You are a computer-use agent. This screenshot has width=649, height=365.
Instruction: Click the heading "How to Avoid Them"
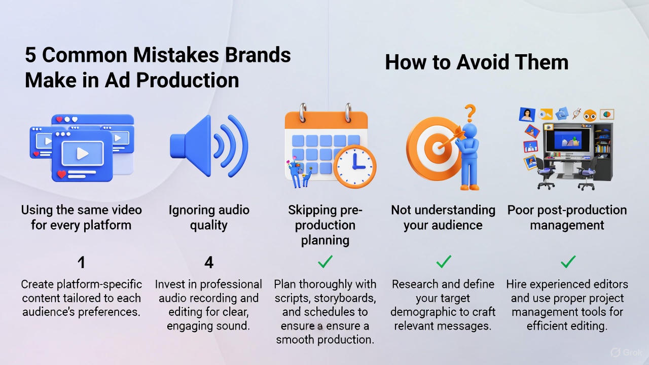tap(476, 62)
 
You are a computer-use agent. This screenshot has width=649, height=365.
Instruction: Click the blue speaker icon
tap(208, 145)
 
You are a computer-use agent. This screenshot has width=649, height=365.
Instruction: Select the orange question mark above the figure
tap(470, 112)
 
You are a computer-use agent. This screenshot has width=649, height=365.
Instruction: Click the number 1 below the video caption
tap(81, 262)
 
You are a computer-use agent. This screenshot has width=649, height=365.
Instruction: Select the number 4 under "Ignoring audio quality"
tap(208, 262)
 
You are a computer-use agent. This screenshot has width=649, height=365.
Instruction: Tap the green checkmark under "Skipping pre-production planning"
tap(324, 262)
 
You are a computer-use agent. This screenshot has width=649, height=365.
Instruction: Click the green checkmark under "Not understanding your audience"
tap(444, 262)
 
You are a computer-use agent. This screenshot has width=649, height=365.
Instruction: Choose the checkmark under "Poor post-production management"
tap(568, 262)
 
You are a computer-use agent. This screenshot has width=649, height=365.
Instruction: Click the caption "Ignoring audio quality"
tap(208, 217)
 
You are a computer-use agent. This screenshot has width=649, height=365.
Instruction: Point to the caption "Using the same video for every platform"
tap(81, 217)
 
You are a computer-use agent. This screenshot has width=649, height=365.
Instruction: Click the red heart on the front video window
tap(62, 174)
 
